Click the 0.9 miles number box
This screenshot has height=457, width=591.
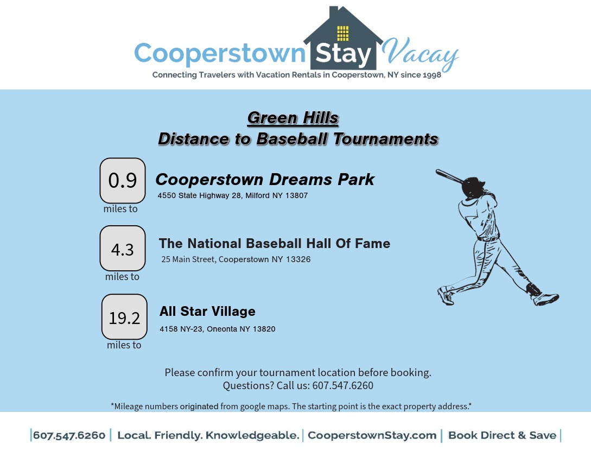pos(123,181)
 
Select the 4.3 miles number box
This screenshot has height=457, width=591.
pos(123,248)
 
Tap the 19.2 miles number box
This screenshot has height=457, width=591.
pos(124,317)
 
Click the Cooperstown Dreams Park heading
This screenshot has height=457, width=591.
pos(265,180)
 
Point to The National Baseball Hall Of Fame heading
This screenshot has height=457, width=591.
pos(275,244)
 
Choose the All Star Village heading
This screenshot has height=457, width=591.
pos(207,312)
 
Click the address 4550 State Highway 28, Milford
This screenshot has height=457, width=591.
pos(233,195)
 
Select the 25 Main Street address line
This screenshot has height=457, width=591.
pos(236,259)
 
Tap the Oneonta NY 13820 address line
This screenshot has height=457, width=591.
pos(218,329)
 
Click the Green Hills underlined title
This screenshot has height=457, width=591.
pos(293,118)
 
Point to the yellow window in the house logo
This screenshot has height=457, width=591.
pos(342,33)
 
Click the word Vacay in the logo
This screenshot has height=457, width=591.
pos(420,54)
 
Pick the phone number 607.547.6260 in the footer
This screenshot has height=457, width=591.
pos(69,435)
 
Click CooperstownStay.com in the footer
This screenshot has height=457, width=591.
pos(372,435)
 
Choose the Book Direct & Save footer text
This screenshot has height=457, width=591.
pos(502,435)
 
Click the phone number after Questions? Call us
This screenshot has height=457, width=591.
pos(342,385)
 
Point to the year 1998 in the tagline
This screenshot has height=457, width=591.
pos(431,75)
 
